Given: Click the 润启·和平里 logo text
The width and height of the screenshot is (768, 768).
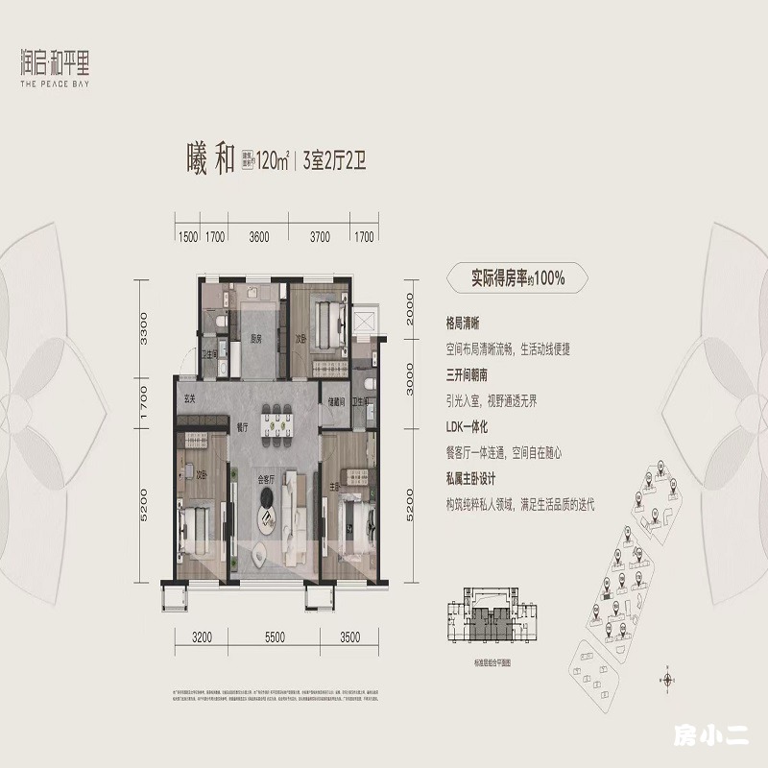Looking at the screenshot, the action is tap(60, 66).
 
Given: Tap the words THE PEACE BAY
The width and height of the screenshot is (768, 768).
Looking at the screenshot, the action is tap(60, 84).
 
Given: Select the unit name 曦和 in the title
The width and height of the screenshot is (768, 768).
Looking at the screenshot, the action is tap(210, 159).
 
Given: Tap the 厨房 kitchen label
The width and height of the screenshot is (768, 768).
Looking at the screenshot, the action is tap(256, 338).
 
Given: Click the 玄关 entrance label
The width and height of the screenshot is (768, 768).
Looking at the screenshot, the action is tap(190, 399).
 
